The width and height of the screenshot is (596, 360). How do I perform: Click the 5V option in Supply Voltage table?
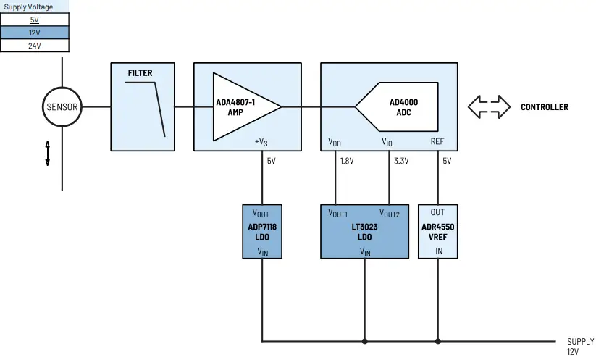(x=35, y=20)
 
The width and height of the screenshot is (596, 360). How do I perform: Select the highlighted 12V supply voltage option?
(x=35, y=33)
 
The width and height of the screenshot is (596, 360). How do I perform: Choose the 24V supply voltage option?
(x=35, y=46)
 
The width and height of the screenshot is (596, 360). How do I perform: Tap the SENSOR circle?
(x=62, y=107)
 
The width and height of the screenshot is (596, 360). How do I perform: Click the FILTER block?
(x=143, y=106)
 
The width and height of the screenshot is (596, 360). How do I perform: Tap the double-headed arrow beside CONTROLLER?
(x=488, y=107)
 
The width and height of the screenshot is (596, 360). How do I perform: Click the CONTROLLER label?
(x=544, y=107)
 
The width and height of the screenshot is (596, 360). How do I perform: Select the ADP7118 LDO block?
(x=262, y=231)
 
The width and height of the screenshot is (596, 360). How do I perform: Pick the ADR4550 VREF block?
(x=438, y=231)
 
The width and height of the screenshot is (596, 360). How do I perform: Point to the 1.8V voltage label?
(x=347, y=162)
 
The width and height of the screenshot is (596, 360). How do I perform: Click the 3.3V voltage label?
(x=401, y=162)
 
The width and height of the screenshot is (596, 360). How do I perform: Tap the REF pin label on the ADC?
(x=437, y=142)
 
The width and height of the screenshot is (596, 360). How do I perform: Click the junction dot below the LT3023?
(x=365, y=340)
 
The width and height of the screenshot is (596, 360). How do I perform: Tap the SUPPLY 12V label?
(x=580, y=346)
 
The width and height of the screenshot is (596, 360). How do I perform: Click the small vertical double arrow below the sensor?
(x=48, y=154)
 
